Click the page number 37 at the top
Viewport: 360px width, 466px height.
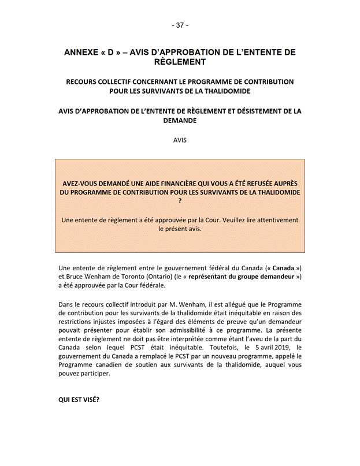[180, 25]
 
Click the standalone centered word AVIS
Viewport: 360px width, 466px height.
[180, 140]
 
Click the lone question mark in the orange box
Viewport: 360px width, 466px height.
[180, 201]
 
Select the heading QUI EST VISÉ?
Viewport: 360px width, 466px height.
[79, 399]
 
